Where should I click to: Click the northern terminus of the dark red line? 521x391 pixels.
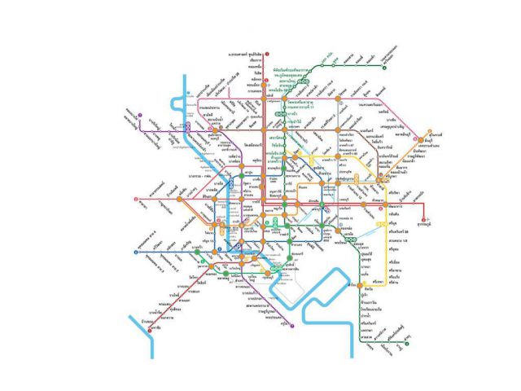[266, 53]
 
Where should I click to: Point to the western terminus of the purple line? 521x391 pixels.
[139, 114]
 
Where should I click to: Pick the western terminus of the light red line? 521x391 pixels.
[135, 199]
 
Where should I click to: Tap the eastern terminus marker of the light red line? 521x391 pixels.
[423, 220]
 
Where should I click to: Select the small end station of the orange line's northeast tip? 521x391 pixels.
[430, 131]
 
